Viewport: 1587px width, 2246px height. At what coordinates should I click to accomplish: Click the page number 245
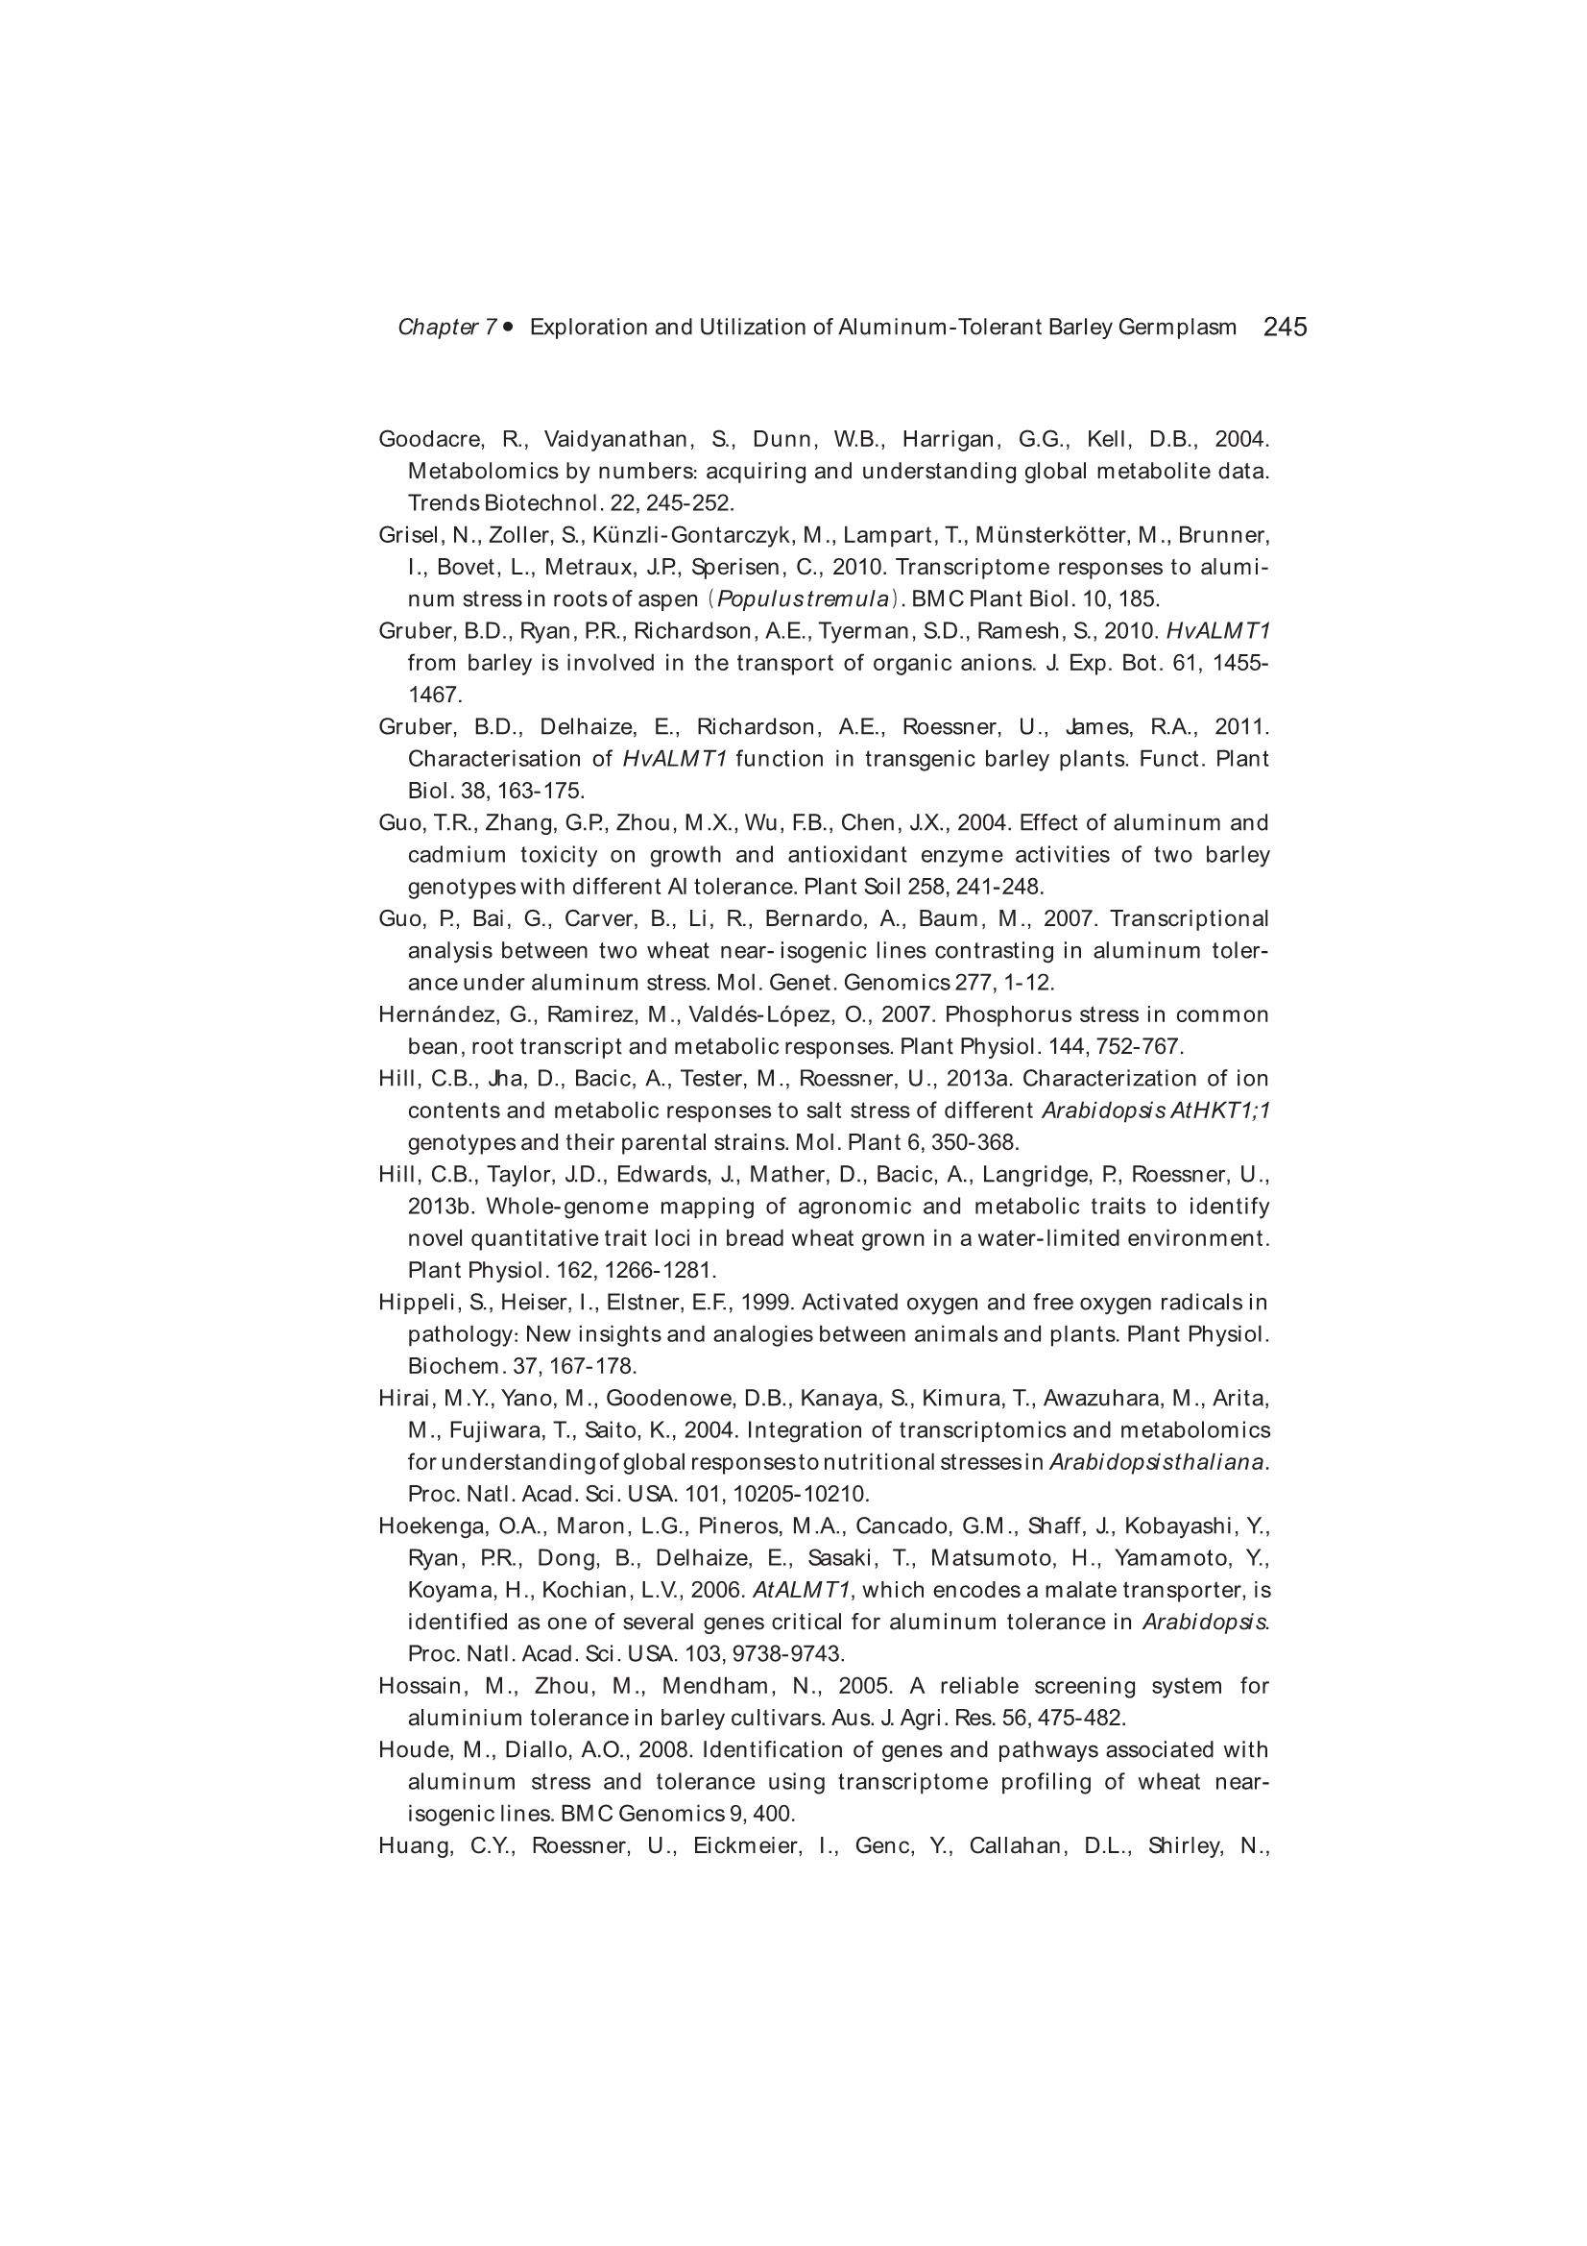(x=1284, y=327)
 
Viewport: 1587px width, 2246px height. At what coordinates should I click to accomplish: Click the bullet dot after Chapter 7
(x=508, y=327)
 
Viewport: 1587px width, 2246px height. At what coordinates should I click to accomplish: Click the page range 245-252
(x=690, y=502)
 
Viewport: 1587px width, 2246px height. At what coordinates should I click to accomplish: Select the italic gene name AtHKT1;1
(x=1220, y=1111)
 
